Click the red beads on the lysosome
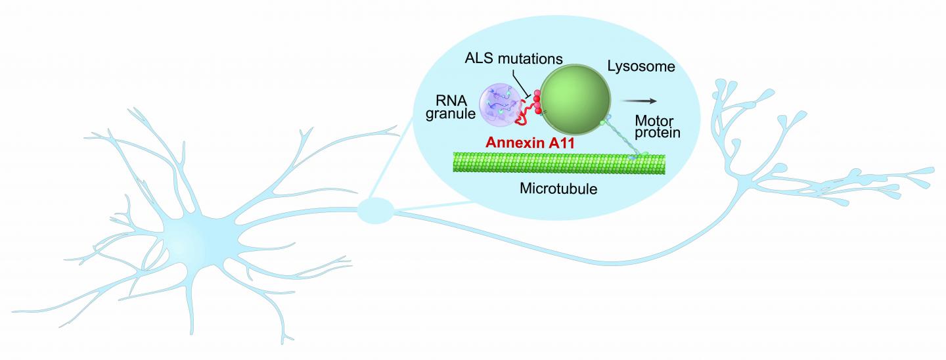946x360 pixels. click(536, 102)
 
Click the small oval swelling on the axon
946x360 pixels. click(375, 212)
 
